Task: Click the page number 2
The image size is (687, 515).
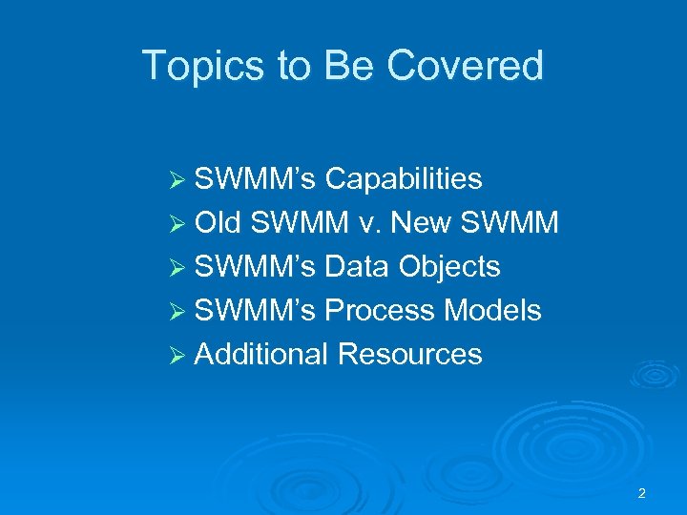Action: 641,493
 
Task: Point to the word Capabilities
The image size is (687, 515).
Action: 404,179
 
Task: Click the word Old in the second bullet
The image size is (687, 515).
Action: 220,223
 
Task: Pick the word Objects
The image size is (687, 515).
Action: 450,267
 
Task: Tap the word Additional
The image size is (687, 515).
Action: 261,355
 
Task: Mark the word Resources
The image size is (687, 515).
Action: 409,355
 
